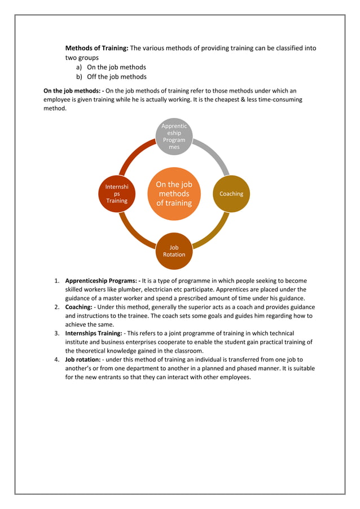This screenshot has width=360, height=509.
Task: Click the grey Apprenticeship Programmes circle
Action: [x=174, y=136]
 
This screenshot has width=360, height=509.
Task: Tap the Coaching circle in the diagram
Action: [x=231, y=194]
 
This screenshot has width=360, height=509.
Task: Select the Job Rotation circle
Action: [x=174, y=251]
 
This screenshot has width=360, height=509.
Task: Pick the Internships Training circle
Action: [x=117, y=194]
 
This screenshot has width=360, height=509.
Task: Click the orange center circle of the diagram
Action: [x=174, y=194]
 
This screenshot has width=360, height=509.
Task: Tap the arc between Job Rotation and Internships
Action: [x=133, y=234]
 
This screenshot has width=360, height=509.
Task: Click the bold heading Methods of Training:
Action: [x=97, y=48]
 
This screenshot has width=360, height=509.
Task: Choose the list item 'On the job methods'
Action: [x=116, y=67]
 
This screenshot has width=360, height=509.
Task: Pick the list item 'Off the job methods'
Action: [x=116, y=77]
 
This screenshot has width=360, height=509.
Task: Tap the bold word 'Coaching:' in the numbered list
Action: [x=78, y=307]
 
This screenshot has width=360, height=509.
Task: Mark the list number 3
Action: [x=57, y=334]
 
